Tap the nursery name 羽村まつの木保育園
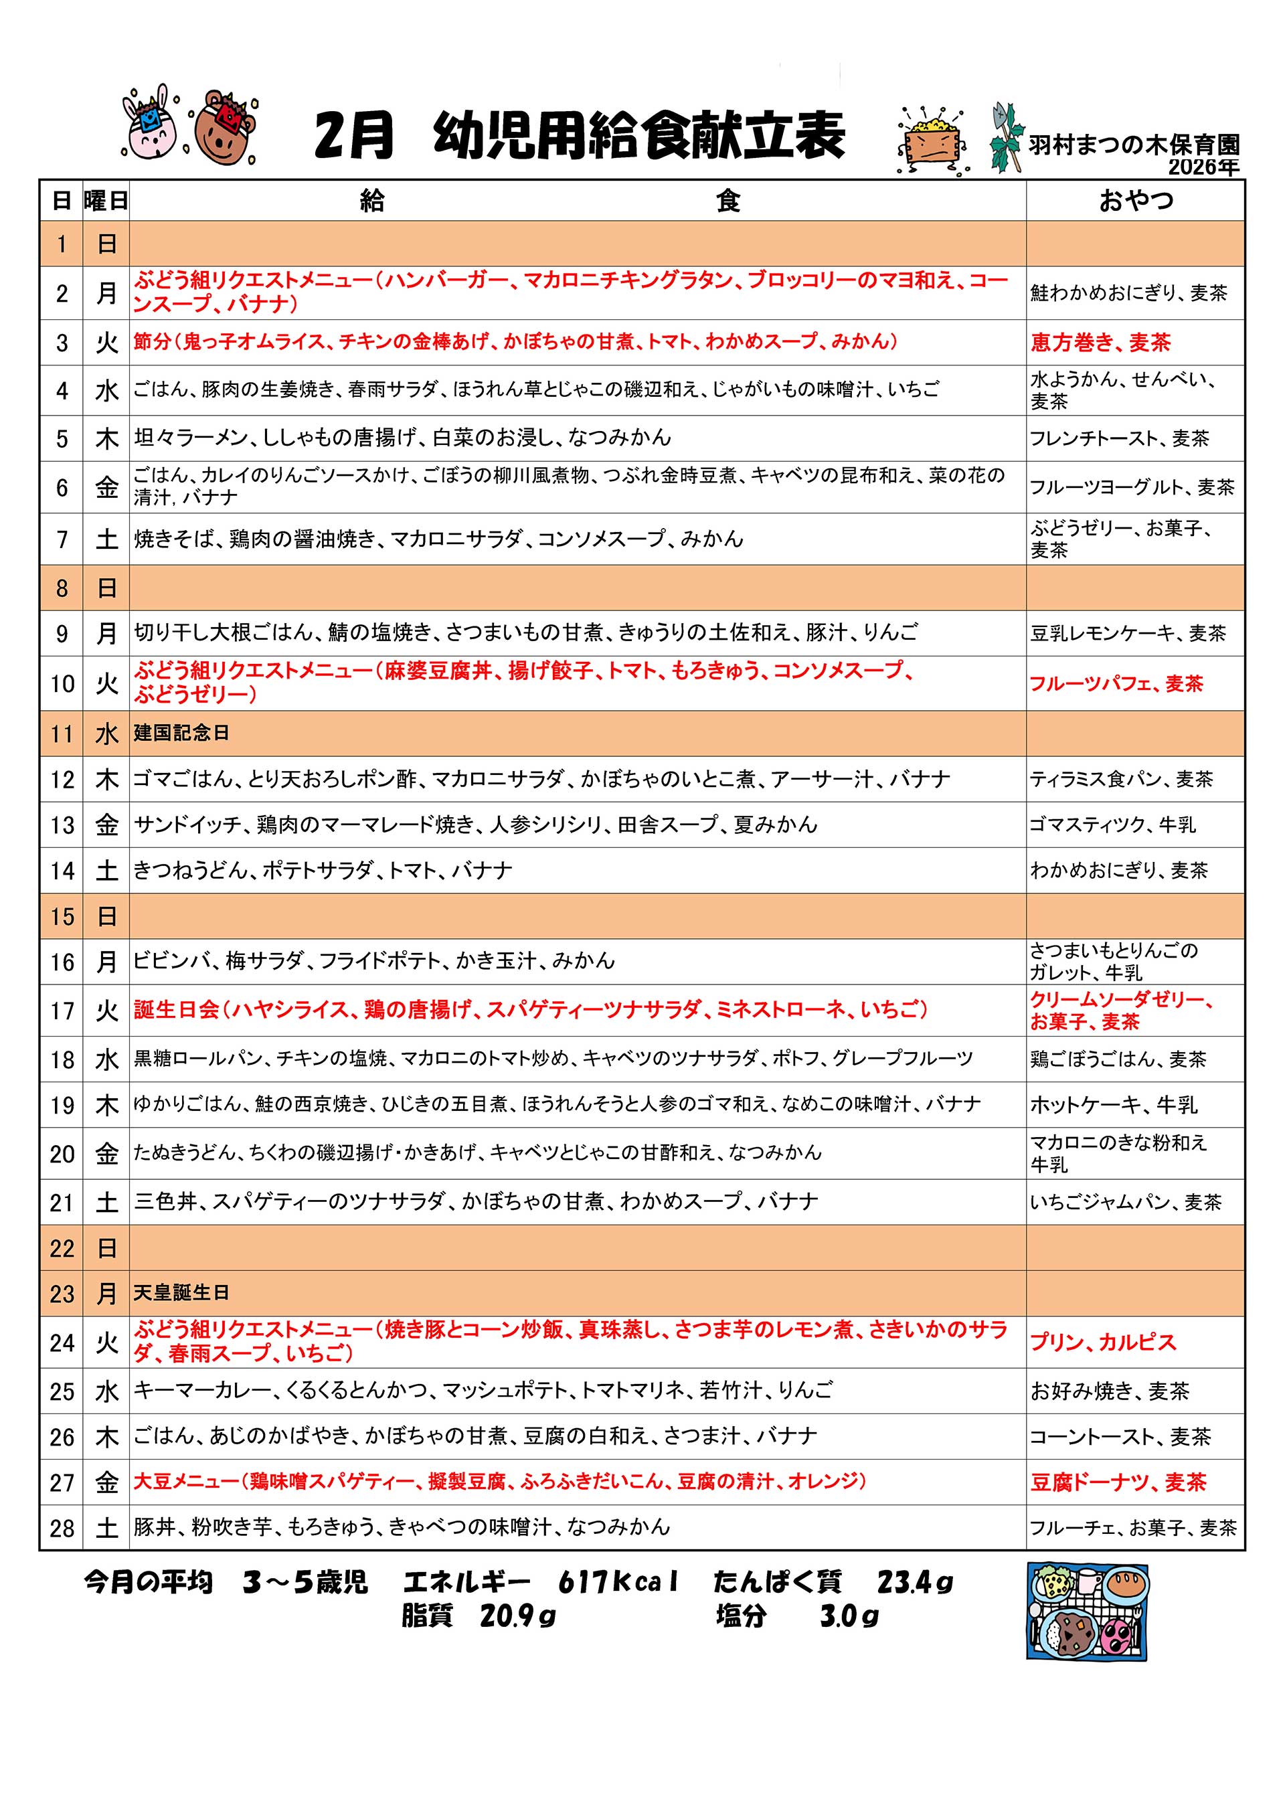click(1133, 145)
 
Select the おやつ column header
click(1136, 200)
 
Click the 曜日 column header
click(106, 201)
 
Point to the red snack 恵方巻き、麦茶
click(1100, 343)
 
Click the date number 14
click(62, 871)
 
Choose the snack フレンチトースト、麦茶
click(1119, 438)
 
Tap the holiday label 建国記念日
click(181, 733)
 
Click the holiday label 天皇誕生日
click(181, 1293)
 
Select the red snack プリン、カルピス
click(1102, 1343)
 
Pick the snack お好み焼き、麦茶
click(1110, 1391)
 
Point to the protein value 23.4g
click(915, 1582)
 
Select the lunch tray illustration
click(1087, 1612)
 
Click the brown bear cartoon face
click(225, 126)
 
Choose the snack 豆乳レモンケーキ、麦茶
click(1128, 633)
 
